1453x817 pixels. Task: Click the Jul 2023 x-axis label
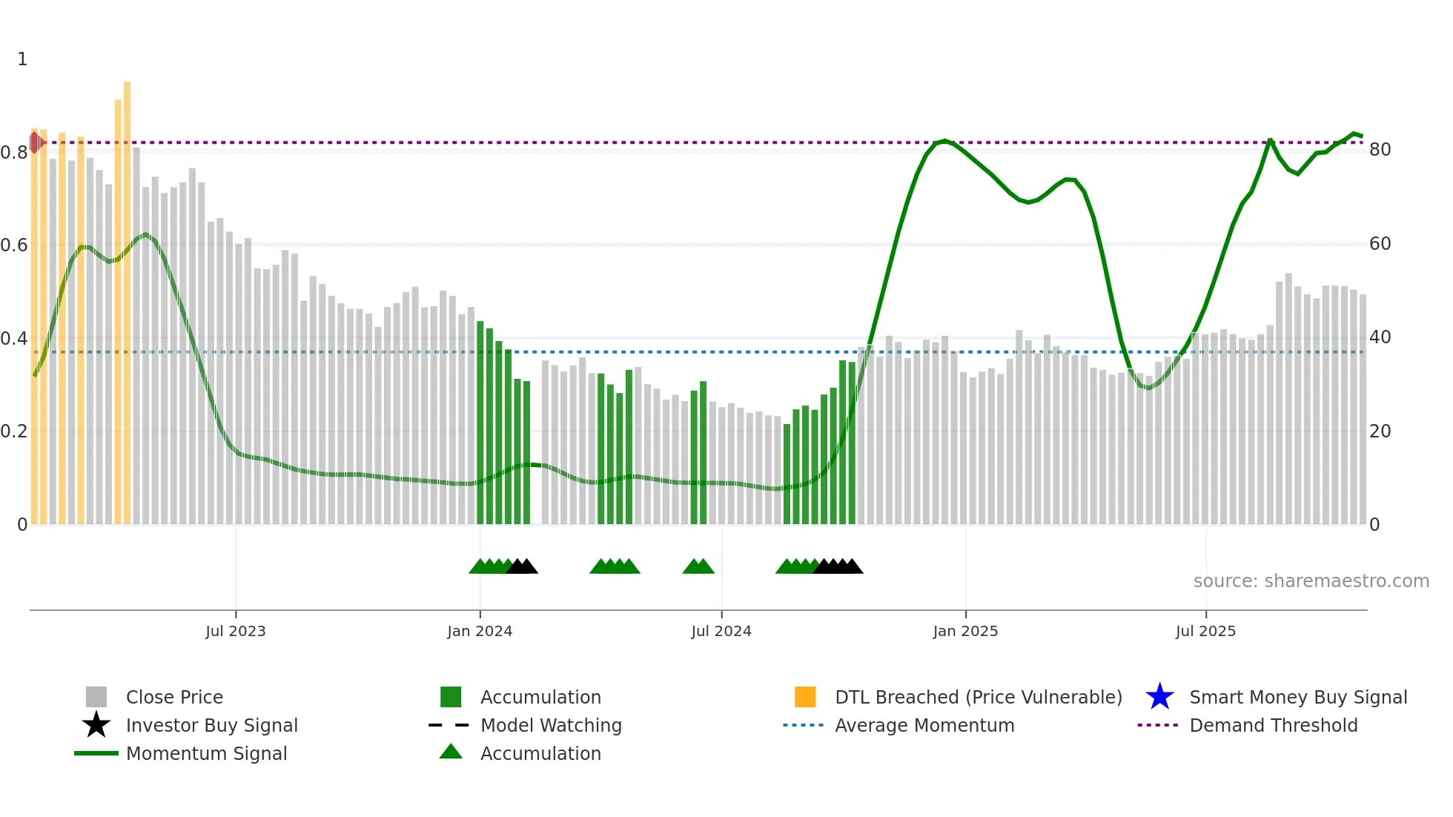(x=235, y=631)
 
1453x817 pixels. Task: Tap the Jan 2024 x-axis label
(x=480, y=631)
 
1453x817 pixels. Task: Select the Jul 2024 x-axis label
(x=721, y=631)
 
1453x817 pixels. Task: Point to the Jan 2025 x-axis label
(x=965, y=631)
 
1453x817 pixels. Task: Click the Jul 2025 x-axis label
(x=1205, y=631)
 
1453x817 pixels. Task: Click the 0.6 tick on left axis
(x=14, y=245)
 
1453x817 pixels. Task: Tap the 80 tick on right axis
(x=1380, y=150)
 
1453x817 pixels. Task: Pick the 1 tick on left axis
(x=22, y=59)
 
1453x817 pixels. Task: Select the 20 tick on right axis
(x=1380, y=431)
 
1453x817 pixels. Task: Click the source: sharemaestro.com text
(x=1311, y=581)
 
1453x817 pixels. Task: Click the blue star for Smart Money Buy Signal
(x=1159, y=697)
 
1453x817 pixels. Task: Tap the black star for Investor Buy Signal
(x=96, y=725)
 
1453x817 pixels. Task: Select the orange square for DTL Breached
(x=805, y=697)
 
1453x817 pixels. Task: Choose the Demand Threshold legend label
(x=1273, y=725)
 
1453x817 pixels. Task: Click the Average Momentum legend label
(x=924, y=725)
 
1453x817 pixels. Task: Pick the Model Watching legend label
(x=551, y=725)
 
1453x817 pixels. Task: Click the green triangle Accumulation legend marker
(x=451, y=752)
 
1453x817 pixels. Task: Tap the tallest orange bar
(x=127, y=297)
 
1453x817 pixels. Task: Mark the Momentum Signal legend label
(x=206, y=753)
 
